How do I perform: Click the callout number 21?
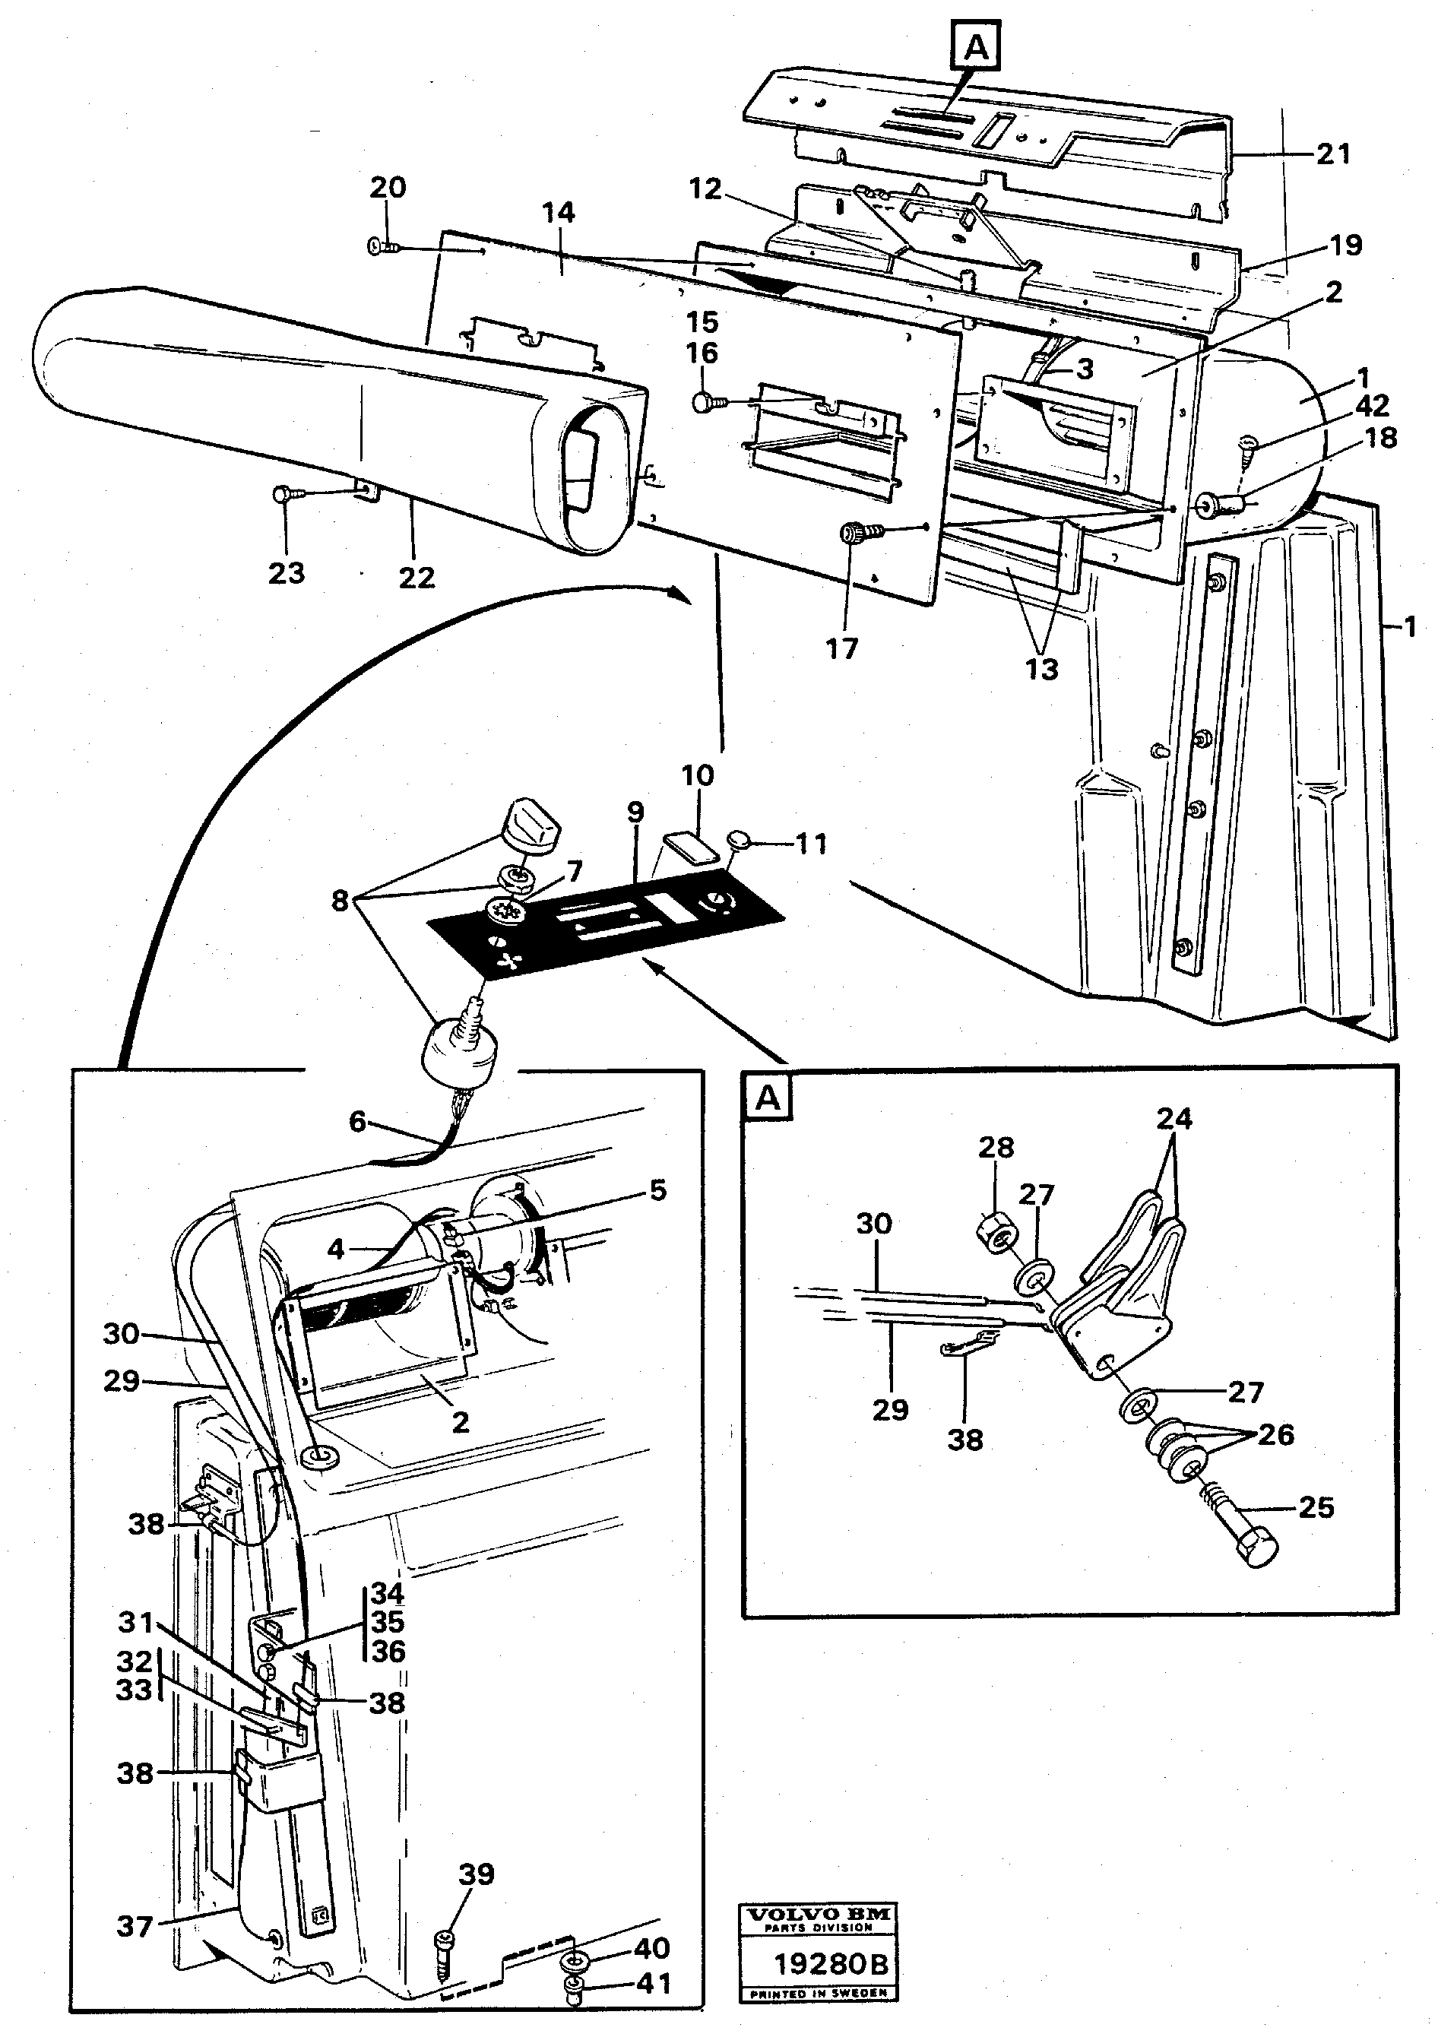pos(1332,154)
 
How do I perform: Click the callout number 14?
pos(558,213)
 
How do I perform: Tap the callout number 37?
pos(135,1926)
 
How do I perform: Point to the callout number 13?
pos(1041,668)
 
